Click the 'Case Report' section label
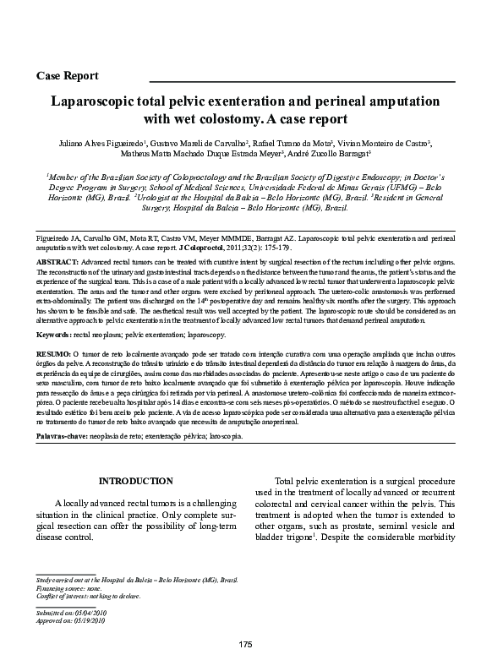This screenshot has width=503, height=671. [68, 75]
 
